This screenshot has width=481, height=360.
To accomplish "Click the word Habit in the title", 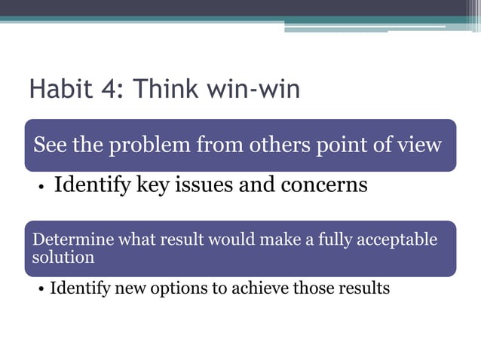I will pos(60,90).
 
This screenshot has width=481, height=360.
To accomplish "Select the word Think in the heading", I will pos(164,90).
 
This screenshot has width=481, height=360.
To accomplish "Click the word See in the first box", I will pos(50,145).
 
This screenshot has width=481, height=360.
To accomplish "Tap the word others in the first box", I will pos(280,145).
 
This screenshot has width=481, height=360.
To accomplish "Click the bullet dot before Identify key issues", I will pos(42,187).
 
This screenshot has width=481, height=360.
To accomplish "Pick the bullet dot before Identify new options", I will pos(41,289).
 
